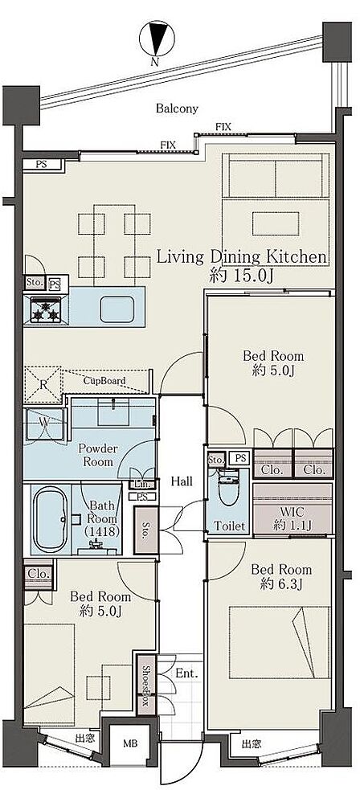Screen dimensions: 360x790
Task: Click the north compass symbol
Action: click(x=157, y=40)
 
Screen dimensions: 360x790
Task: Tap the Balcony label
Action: click(x=177, y=108)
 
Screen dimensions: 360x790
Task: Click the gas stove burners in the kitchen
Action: click(x=46, y=309)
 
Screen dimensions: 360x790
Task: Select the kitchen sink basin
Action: click(x=117, y=309)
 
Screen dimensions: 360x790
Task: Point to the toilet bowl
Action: click(x=229, y=488)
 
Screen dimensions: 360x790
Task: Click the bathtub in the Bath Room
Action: click(x=50, y=518)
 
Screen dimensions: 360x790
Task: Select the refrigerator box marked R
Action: click(x=43, y=384)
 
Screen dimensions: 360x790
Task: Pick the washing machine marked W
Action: click(x=44, y=424)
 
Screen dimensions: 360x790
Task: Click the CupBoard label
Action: click(x=104, y=380)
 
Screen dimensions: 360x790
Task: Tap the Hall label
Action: click(x=182, y=481)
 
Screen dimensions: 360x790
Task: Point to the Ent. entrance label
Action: click(x=186, y=673)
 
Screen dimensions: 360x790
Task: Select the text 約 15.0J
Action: click(x=241, y=276)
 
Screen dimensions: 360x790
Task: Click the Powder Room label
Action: click(x=98, y=455)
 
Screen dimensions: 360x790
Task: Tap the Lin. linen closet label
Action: click(x=140, y=484)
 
